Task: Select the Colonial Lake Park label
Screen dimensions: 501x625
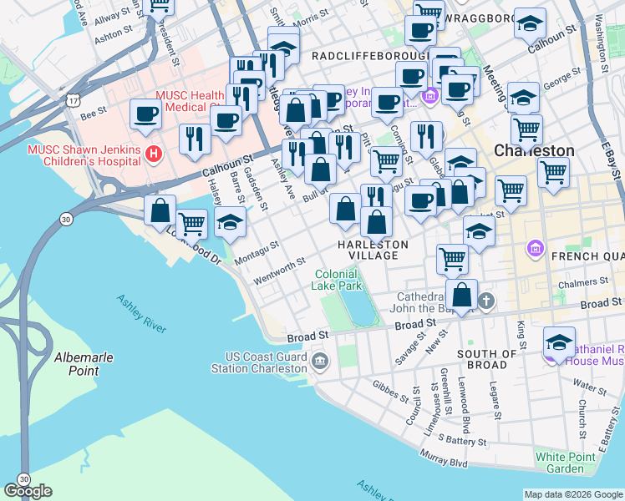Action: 338,280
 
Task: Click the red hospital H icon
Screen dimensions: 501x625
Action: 153,153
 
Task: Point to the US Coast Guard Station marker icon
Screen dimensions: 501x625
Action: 323,362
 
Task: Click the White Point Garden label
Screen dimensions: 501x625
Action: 560,463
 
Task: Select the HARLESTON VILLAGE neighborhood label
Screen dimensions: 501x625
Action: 373,250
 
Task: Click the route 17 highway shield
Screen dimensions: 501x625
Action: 74,99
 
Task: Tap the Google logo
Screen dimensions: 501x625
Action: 28,490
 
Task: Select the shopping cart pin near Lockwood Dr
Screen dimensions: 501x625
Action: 192,222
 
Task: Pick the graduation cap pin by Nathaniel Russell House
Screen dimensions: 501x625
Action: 559,342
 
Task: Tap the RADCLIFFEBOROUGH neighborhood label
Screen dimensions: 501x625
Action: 363,55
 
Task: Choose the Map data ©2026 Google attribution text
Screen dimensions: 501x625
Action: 572,494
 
